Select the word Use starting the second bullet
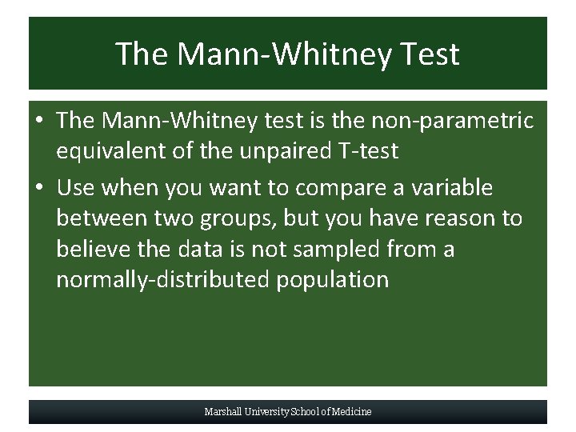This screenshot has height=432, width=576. [x=75, y=188]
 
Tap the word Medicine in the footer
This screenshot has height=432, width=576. [x=353, y=412]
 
